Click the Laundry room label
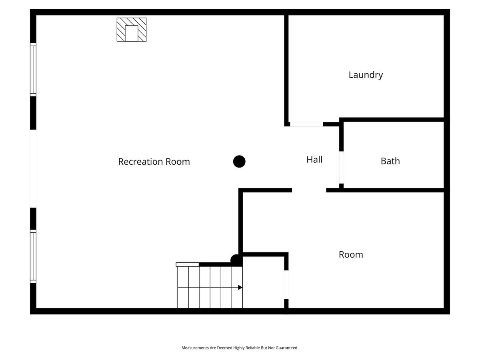tap(366, 75)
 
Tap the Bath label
tap(390, 161)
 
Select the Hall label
tap(314, 160)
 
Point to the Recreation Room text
tap(154, 162)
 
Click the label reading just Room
tap(351, 255)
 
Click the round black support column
tap(239, 162)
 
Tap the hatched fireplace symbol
tap(132, 30)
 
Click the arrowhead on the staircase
tap(240, 288)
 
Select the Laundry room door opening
tap(306, 124)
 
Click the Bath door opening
tap(341, 168)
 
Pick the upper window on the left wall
tap(33, 70)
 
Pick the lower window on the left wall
tap(33, 256)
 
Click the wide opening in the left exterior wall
tap(33, 168)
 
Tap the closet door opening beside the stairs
tap(286, 284)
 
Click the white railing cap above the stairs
tap(188, 264)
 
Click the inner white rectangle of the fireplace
tap(132, 33)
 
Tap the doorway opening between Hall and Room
tap(309, 190)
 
